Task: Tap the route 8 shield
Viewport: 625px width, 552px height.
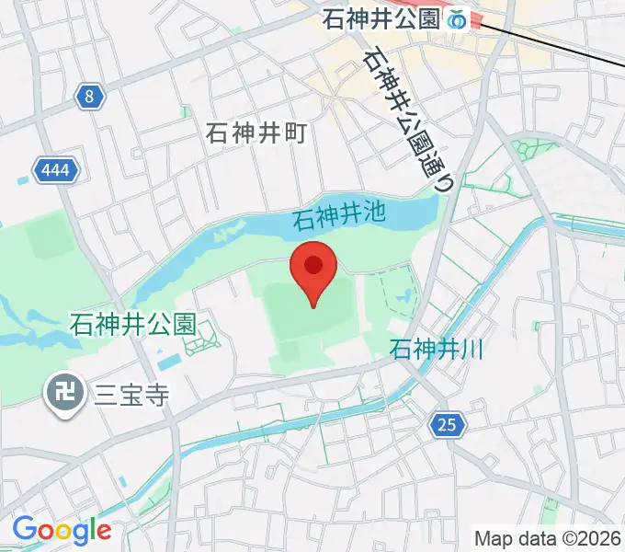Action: [87, 97]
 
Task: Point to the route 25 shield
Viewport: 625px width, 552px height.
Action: [446, 424]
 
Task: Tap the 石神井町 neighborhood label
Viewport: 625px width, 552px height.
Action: [256, 133]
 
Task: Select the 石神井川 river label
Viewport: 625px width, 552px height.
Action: [437, 350]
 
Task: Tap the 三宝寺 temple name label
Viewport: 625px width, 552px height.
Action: [131, 396]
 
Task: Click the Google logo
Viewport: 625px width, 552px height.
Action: [62, 529]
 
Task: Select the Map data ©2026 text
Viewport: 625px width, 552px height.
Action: [548, 537]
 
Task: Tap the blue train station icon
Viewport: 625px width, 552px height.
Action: [459, 19]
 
